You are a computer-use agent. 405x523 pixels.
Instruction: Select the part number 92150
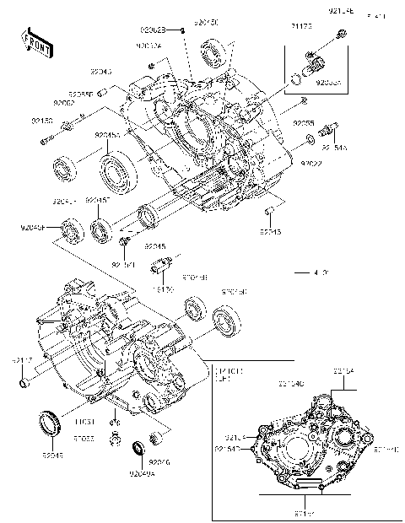pyautogui.click(x=42, y=121)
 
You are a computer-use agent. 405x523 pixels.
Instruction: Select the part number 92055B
pyautogui.click(x=81, y=94)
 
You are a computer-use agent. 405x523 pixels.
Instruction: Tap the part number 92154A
pyautogui.click(x=333, y=145)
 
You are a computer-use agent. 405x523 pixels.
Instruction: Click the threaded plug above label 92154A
pyautogui.click(x=329, y=128)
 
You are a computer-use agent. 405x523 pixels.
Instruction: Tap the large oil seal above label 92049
pyautogui.click(x=49, y=423)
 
